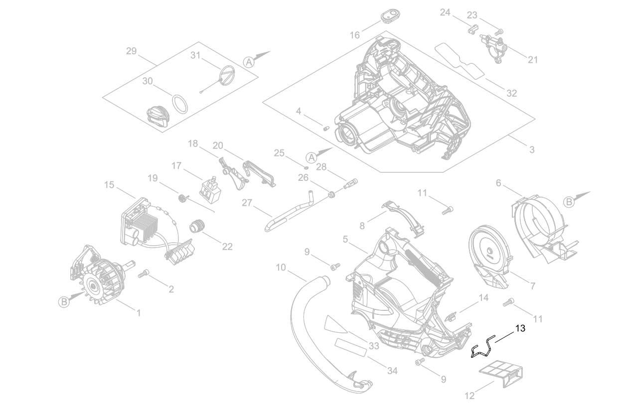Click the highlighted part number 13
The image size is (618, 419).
click(x=520, y=328)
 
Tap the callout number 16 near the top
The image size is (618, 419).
click(x=354, y=35)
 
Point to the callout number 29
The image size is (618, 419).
click(x=131, y=51)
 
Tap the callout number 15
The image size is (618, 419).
click(x=109, y=185)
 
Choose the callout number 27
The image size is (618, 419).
click(x=248, y=202)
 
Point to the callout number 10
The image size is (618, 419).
click(x=281, y=268)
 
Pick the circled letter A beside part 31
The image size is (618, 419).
click(x=249, y=61)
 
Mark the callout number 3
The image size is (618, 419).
click(x=532, y=149)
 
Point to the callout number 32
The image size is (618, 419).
click(x=511, y=93)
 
